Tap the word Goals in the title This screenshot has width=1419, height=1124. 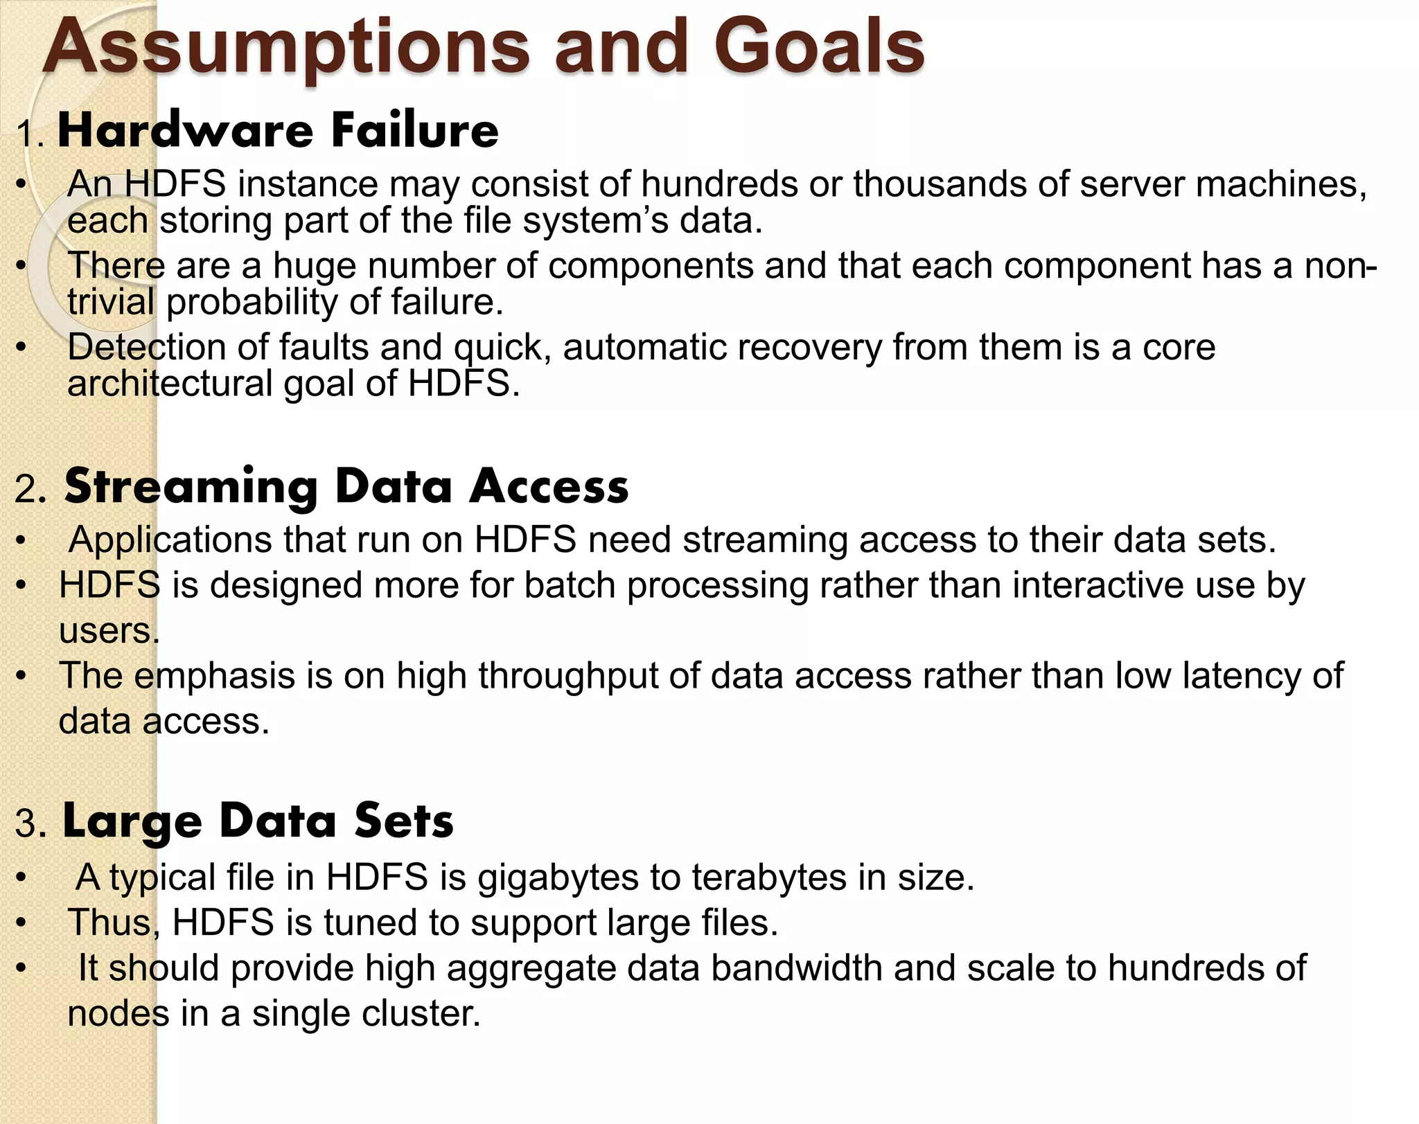[819, 47]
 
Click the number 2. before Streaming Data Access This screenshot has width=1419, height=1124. [30, 490]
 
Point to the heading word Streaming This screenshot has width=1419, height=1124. [191, 487]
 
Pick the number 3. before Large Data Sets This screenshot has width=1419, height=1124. [30, 824]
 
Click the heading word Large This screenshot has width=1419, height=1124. [132, 822]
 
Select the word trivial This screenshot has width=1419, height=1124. [111, 302]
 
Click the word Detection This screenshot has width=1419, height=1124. [146, 347]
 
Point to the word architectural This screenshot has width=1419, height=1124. [170, 384]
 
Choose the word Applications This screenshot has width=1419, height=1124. [170, 540]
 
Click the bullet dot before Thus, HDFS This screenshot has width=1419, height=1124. [22, 923]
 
